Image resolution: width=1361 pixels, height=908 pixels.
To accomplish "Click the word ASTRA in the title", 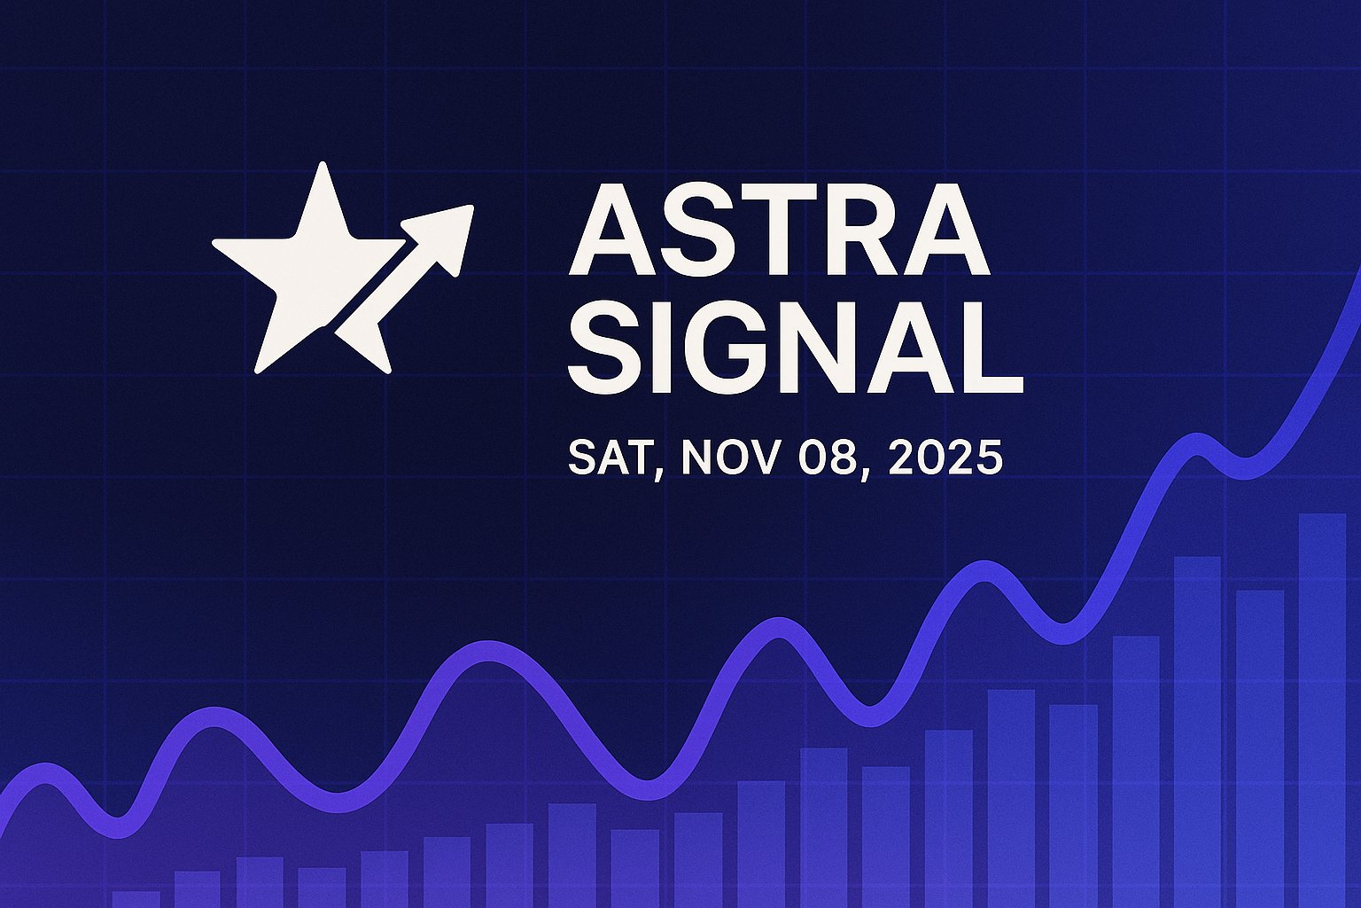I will [x=778, y=231].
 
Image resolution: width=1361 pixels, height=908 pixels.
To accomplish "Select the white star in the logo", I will [x=301, y=266].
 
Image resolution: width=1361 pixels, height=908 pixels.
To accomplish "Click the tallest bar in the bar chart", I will [x=1322, y=709].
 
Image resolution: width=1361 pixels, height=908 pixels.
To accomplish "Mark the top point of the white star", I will [x=323, y=168].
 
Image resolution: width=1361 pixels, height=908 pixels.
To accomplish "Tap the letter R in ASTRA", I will [x=852, y=231].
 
